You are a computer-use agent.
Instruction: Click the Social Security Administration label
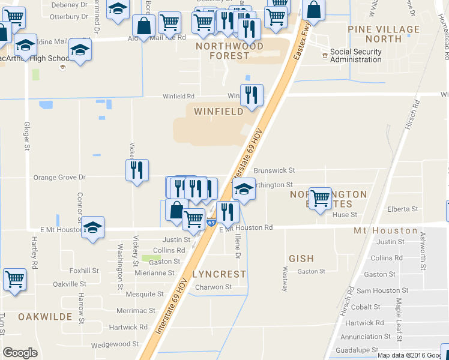coord(355,56)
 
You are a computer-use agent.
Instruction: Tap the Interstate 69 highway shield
coord(211,223)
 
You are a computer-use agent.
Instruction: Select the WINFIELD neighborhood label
coord(218,111)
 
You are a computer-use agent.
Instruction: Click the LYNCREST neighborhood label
coord(219,274)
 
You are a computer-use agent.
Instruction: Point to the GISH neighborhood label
coord(301,259)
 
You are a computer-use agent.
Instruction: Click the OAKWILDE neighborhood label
coord(45,316)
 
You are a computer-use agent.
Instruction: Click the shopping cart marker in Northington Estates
coord(320,197)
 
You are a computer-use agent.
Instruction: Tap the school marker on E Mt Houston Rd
coord(92,227)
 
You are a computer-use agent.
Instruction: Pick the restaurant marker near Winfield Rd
coord(252,95)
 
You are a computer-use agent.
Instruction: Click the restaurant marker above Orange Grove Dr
coord(137,170)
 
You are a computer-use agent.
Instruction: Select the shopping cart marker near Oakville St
coord(14,279)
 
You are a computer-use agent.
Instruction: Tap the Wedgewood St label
coord(115,344)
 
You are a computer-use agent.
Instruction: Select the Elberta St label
coord(402,209)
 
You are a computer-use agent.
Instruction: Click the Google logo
coord(20,353)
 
